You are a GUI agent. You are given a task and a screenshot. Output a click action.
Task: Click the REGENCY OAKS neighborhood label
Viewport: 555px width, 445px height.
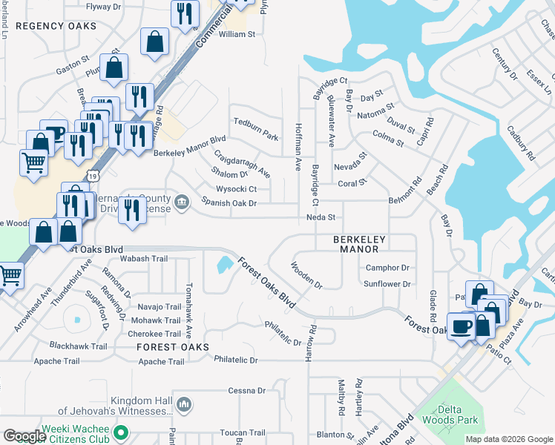[56, 26]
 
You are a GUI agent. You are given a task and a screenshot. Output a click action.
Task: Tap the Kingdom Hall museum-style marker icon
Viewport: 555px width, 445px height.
[185, 404]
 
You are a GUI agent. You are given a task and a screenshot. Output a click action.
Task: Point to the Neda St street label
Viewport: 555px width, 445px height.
[322, 217]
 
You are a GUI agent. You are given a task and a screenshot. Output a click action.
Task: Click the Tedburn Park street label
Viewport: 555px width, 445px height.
[255, 138]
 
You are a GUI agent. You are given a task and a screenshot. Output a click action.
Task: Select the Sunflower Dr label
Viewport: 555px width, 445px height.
[387, 284]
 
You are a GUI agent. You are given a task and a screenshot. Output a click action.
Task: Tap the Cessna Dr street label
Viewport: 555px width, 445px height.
[247, 390]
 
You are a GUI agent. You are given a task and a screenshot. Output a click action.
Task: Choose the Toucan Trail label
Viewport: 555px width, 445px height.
[242, 432]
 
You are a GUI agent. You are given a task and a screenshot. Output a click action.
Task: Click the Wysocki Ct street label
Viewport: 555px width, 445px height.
[236, 189]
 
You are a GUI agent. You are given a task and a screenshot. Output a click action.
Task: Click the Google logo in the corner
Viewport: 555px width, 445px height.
[24, 436]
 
